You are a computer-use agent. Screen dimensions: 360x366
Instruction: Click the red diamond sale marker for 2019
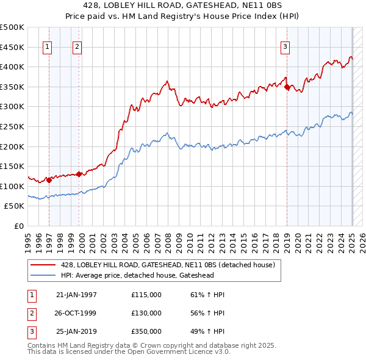pos(287,87)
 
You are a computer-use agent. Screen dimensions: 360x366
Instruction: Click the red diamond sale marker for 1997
pos(49,180)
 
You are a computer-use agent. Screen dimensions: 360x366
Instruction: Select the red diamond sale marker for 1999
pos(79,174)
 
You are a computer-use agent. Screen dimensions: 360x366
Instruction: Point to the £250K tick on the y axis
pos(12,126)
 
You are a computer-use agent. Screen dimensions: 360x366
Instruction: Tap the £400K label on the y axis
pos(12,67)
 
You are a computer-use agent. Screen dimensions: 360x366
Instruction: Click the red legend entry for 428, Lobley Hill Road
pos(168,265)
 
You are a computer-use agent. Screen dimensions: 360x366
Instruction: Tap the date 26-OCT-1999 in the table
pos(76,313)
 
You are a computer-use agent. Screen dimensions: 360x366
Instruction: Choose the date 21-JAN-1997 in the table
pos(76,295)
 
